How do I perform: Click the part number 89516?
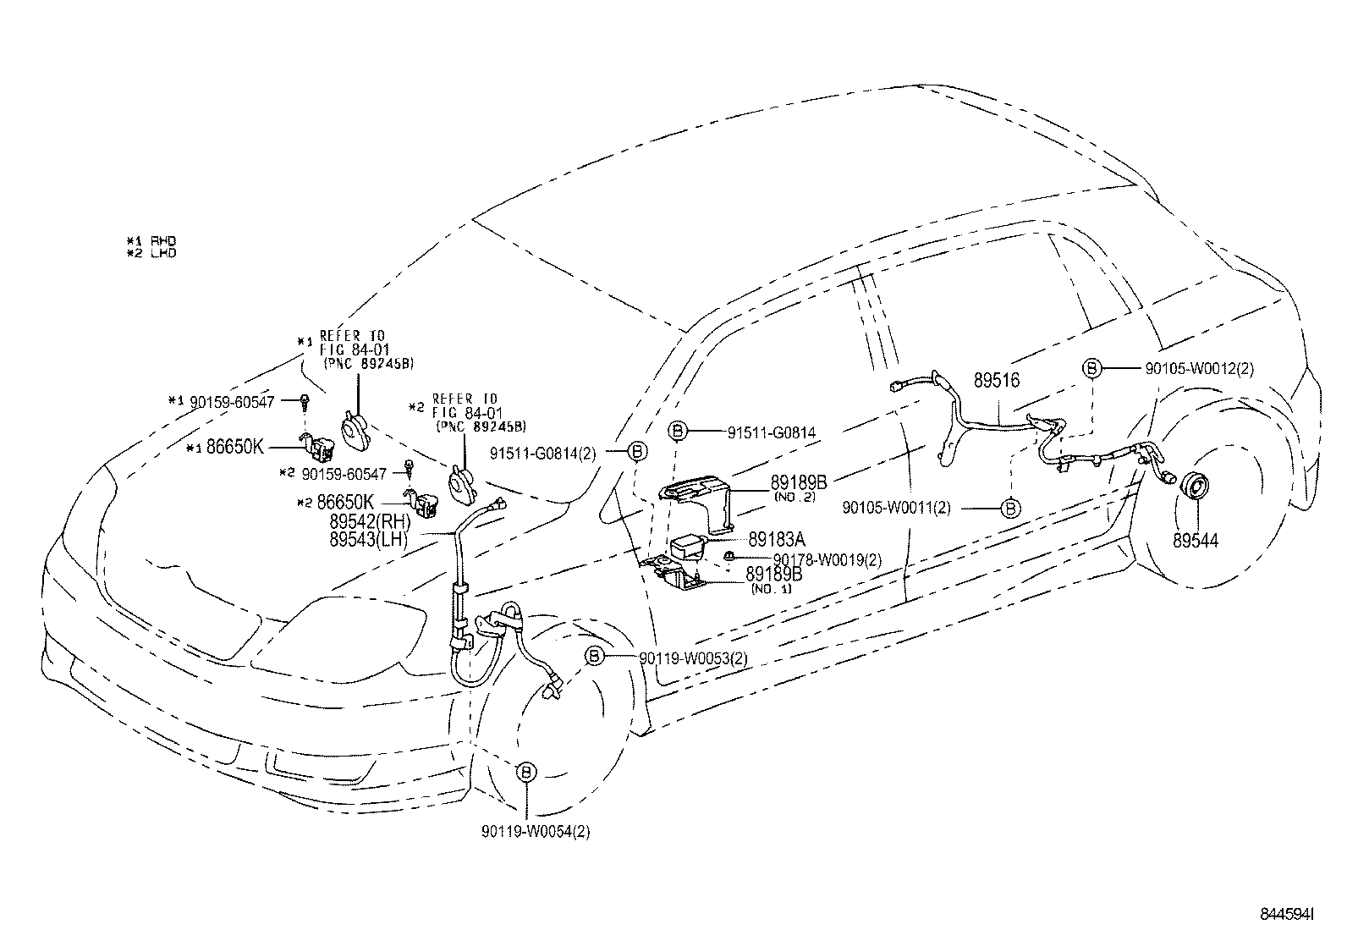click(996, 381)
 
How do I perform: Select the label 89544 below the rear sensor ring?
click(1195, 540)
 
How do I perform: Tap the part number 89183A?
click(777, 539)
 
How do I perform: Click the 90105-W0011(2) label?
click(897, 508)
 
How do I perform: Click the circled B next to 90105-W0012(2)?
click(1092, 368)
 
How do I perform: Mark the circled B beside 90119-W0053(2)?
click(595, 657)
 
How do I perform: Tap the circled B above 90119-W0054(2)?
click(525, 772)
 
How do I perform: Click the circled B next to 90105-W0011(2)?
click(1010, 508)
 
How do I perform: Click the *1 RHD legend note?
click(151, 241)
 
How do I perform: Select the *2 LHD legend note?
click(151, 253)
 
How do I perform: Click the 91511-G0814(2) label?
click(542, 454)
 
